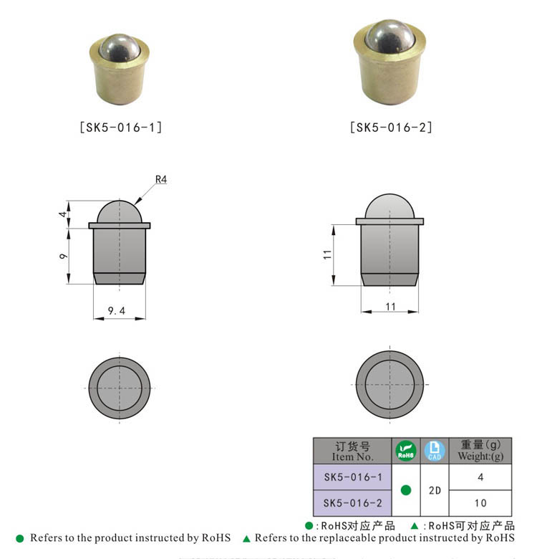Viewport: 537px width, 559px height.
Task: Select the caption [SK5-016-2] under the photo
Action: [x=392, y=128]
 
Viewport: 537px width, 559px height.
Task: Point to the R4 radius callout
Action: [x=160, y=180]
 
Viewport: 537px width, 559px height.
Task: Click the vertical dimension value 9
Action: [x=64, y=256]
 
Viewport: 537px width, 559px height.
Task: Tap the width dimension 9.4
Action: [x=117, y=310]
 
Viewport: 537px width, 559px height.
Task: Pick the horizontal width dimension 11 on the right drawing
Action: [x=390, y=305]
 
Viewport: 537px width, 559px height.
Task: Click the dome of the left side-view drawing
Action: [x=120, y=211]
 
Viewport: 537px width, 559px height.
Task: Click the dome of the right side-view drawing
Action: [x=390, y=206]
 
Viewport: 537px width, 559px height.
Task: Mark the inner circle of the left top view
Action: [x=120, y=388]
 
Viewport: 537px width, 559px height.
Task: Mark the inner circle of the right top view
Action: [x=390, y=386]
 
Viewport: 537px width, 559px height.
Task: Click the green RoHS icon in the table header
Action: [x=406, y=451]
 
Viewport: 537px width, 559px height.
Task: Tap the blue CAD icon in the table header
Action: [x=434, y=451]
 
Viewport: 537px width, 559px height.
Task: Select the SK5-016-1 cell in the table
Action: [x=352, y=477]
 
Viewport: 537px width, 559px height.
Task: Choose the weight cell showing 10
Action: [x=480, y=502]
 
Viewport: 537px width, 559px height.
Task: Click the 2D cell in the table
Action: [x=434, y=490]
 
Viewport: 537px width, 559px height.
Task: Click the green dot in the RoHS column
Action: [x=406, y=490]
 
